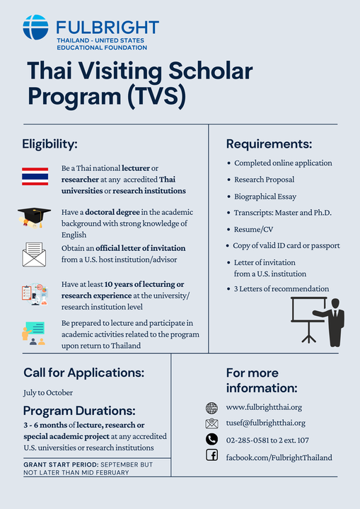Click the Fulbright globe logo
point(36,28)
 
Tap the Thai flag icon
point(35,176)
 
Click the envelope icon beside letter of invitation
point(34,255)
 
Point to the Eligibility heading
point(50,144)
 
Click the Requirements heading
point(269,144)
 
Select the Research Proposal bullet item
point(264,180)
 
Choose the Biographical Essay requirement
point(265,197)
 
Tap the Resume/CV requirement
point(253,229)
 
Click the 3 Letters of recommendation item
point(281,288)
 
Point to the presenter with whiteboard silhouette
point(318,322)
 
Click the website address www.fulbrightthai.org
point(264,407)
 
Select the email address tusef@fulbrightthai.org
point(266,423)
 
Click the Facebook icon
point(212,455)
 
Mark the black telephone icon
point(212,439)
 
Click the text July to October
point(48,393)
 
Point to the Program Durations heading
point(79,411)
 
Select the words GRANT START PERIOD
point(61,464)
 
